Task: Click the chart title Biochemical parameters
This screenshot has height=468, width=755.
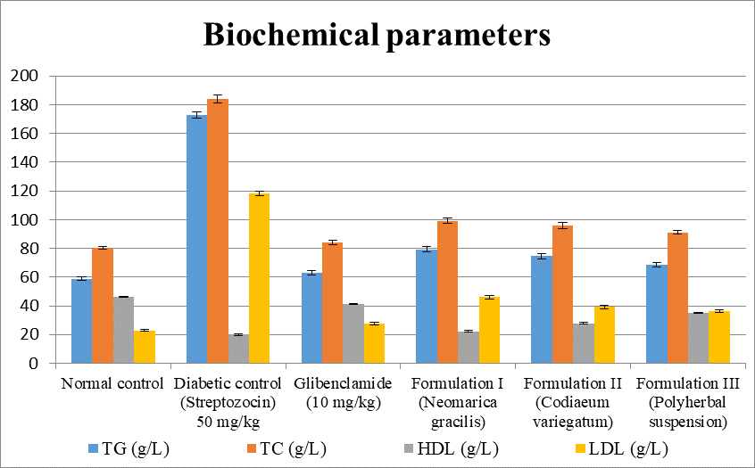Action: coord(377,35)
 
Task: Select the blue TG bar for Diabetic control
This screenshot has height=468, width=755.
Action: coord(196,239)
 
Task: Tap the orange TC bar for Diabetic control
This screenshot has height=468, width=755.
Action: coord(218,231)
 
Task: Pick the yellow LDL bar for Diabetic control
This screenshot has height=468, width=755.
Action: coord(260,278)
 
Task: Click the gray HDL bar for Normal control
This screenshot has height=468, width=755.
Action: coord(124,330)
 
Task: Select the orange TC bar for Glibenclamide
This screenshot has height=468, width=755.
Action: coord(332,302)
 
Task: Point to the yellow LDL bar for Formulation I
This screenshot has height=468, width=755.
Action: coord(489,330)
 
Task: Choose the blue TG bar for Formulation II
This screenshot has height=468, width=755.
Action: coord(542,309)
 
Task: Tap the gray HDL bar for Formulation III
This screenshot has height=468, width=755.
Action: coord(698,338)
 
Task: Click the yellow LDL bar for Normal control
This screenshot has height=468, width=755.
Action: coord(145,347)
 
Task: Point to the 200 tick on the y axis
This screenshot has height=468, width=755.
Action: coord(23,76)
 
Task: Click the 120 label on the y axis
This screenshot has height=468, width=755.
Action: coord(23,191)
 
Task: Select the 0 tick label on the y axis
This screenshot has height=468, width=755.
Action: coord(33,364)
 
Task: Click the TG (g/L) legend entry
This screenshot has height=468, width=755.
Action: coord(129,448)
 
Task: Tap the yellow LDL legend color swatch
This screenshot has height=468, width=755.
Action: coord(581,448)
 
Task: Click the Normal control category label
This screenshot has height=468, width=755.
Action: coord(112,384)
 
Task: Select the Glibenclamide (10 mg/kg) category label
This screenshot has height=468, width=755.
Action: coord(343,393)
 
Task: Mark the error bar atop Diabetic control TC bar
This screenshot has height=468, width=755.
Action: coord(218,99)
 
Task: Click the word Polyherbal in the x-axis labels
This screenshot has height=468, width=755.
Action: coord(687,403)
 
